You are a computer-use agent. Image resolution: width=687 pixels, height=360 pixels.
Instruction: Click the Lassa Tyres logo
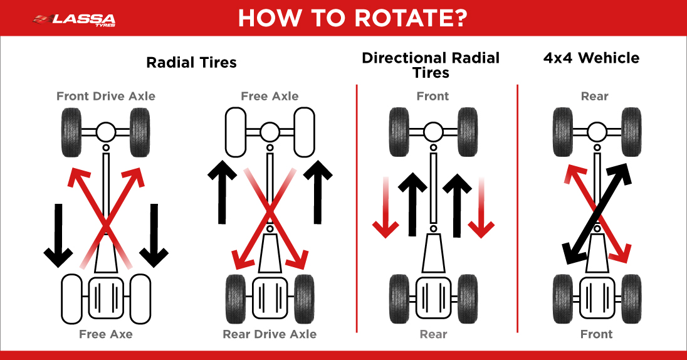pyautogui.click(x=73, y=18)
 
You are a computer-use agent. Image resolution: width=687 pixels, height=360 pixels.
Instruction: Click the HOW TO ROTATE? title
pyautogui.click(x=352, y=18)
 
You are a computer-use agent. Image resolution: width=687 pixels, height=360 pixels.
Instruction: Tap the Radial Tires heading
pyautogui.click(x=191, y=63)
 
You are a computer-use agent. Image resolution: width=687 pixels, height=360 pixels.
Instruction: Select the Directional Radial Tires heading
pyautogui.click(x=431, y=65)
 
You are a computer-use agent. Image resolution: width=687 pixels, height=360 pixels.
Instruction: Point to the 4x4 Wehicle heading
pyautogui.click(x=591, y=58)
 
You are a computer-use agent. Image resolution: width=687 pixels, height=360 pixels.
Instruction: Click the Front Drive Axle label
pyautogui.click(x=106, y=96)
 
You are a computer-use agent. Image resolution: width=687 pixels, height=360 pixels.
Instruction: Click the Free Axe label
pyautogui.click(x=106, y=334)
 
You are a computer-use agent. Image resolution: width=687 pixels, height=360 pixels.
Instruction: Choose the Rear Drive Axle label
pyautogui.click(x=270, y=334)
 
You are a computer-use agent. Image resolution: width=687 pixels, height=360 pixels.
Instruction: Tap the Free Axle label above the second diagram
pyautogui.click(x=270, y=96)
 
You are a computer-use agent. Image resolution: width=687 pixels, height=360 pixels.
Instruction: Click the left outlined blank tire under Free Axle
pyautogui.click(x=236, y=132)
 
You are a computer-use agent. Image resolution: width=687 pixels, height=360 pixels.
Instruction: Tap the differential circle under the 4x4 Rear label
pyautogui.click(x=595, y=132)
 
